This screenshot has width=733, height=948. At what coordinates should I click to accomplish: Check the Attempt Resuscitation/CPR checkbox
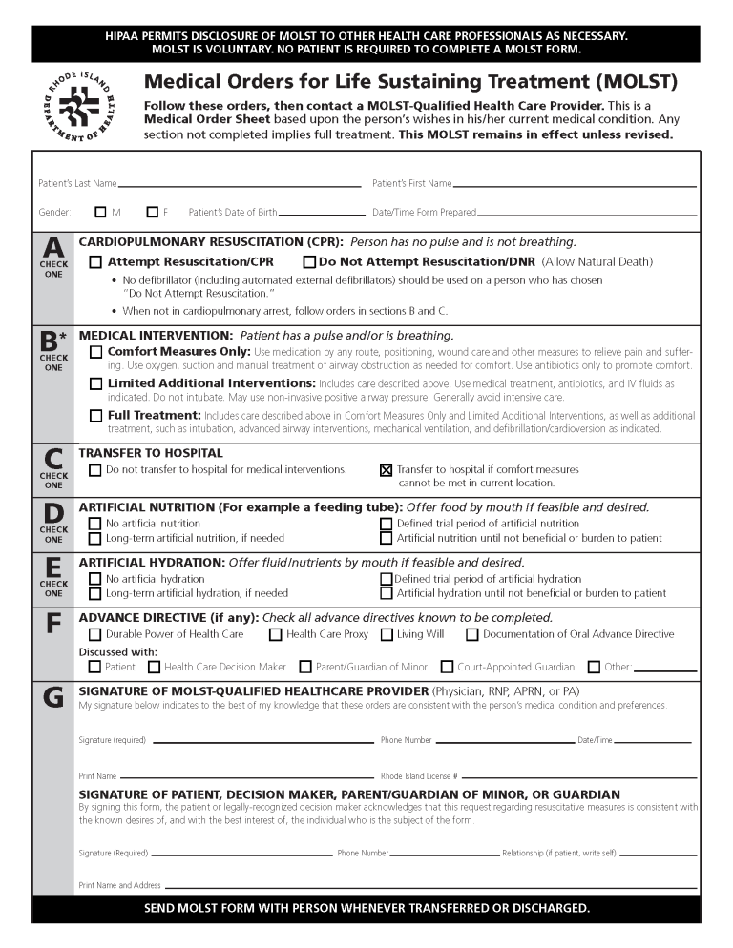(95, 262)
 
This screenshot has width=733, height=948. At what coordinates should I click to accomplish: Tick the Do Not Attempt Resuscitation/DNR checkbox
(309, 262)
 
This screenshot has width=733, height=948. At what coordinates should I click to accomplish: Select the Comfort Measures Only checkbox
(95, 353)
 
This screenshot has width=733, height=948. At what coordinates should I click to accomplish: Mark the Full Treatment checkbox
(95, 416)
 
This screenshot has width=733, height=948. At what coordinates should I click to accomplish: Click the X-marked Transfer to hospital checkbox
(387, 470)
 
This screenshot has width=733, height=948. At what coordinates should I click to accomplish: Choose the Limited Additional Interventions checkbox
(95, 384)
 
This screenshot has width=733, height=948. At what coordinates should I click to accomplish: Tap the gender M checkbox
(101, 213)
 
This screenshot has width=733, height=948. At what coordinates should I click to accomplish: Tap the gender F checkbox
(153, 213)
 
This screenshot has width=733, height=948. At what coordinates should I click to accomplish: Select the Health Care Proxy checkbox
(275, 635)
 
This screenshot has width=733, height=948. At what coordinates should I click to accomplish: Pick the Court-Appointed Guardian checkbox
(447, 668)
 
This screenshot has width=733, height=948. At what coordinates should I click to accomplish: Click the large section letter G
(53, 699)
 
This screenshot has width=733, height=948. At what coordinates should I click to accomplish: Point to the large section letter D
(53, 513)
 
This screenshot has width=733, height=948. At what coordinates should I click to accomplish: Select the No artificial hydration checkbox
(95, 579)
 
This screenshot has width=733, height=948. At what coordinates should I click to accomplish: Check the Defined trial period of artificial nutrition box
(387, 524)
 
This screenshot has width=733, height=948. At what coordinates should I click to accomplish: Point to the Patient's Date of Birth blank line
(322, 214)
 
